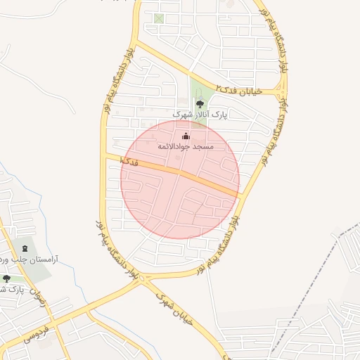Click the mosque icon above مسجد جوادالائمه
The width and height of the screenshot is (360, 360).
pos(186,136)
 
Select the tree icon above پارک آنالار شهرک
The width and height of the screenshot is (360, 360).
pos(200,103)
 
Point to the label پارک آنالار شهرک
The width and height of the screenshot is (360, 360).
pos(200,113)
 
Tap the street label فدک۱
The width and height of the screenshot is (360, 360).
pos(129,161)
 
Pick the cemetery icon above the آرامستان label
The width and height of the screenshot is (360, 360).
pos(26,248)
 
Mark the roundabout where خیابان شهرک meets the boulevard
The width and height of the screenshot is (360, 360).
pos(143,280)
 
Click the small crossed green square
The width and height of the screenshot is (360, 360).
pos(159,18)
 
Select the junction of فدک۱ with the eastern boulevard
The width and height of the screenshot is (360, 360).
pos(240,195)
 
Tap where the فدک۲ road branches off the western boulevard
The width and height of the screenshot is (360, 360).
pos(136,42)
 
